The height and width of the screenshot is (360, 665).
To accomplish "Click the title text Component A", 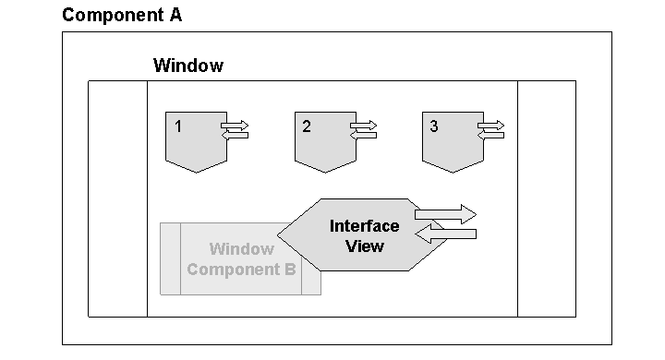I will point(122,15).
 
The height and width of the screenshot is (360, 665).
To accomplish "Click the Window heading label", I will point(187,66).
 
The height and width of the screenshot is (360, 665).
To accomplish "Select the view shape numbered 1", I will point(194,143).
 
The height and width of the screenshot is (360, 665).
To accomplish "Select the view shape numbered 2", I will point(322,143).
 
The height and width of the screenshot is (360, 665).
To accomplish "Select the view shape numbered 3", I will point(450,143).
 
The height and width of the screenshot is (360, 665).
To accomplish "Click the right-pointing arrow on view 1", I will point(235,125).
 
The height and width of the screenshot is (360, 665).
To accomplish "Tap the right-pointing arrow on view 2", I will point(363,125).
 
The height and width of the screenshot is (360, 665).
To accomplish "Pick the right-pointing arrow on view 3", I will point(490,125).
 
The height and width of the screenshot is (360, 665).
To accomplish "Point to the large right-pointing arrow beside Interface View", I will point(446,214).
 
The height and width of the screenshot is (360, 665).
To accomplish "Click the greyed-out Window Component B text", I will point(240,259).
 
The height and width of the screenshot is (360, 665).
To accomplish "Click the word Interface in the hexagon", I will point(364,226).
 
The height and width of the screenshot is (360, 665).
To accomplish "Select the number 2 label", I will point(307,126).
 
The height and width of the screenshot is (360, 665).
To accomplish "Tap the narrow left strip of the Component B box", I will point(170,258).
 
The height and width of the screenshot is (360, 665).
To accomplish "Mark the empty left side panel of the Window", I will point(117,198).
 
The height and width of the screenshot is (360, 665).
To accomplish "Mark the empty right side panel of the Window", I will point(546,198).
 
